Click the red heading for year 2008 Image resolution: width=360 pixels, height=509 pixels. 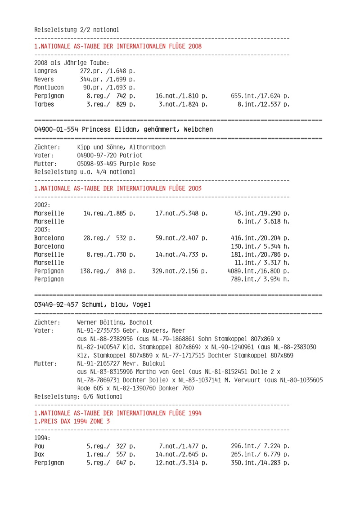(x=118, y=46)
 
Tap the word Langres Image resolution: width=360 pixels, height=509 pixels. (x=45, y=71)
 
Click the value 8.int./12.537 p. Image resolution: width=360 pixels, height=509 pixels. (x=263, y=104)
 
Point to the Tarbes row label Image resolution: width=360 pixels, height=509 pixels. (x=44, y=104)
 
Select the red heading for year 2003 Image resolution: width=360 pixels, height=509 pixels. (x=118, y=188)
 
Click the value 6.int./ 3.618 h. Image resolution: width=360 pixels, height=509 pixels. (x=263, y=221)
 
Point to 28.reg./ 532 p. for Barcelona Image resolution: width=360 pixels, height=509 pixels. (x=109, y=238)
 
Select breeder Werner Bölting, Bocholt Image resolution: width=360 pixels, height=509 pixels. (x=115, y=322)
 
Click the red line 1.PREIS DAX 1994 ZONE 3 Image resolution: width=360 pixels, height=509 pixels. (x=72, y=421)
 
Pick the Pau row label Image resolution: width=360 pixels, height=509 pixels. (x=39, y=446)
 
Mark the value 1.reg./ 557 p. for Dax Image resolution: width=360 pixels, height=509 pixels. (x=111, y=454)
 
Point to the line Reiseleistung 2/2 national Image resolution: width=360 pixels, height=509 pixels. (x=76, y=30)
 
